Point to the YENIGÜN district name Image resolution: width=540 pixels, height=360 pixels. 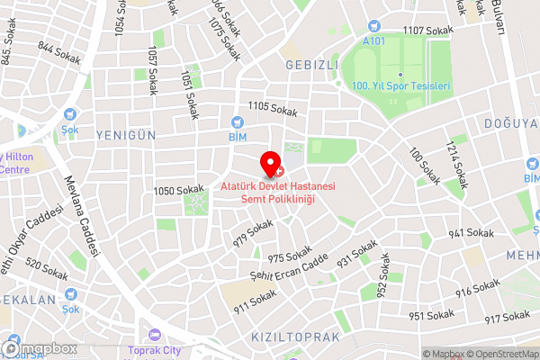click(127, 134)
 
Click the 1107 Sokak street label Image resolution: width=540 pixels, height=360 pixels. click(426, 31)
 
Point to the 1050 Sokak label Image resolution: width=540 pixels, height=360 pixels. click(177, 190)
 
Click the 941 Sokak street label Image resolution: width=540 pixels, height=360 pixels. click(472, 233)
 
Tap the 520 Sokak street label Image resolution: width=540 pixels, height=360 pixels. click(46, 268)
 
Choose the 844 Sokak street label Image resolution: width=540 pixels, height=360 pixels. click(60, 52)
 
